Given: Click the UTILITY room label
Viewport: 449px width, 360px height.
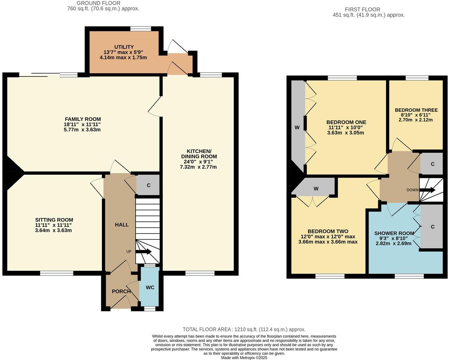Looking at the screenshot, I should coord(124,47).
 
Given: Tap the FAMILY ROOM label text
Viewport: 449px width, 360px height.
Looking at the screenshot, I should coord(83,119).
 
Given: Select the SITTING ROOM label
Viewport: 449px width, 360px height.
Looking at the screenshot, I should coord(54,220).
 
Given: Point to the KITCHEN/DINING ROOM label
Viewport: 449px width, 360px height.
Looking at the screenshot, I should coord(199,154).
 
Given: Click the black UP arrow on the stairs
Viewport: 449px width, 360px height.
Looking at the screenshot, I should coord(143,252).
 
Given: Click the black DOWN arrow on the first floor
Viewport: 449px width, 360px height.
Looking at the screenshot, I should coord(428,190).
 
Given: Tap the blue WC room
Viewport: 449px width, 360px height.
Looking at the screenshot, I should coord(150,287).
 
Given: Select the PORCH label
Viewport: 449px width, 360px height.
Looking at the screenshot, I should coord(121,291).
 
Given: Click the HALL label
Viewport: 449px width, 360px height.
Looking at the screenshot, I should coord(122,225).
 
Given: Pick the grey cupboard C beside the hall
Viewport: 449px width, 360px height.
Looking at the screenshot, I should coord(148,185).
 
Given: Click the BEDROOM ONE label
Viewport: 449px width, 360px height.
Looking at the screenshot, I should coord(346,122).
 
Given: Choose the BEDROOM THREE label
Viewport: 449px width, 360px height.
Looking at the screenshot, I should coord(416,110).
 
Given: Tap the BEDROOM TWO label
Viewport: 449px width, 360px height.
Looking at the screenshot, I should coord(328,231).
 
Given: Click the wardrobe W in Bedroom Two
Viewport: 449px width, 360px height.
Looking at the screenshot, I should coord(316,189).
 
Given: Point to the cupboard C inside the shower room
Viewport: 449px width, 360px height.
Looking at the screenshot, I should coord(432,227).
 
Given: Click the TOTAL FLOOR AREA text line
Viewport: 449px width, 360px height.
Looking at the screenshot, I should coord(244,330).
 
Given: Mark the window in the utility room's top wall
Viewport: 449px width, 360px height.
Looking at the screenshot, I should coord(141,29).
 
